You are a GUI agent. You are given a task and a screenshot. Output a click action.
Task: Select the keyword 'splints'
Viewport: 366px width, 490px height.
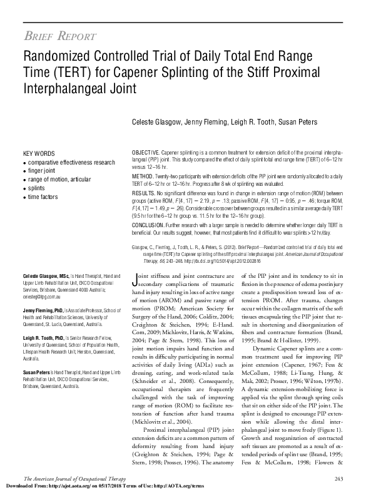click(x=37, y=187)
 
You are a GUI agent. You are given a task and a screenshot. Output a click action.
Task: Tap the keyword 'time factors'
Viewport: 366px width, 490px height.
click(x=43, y=195)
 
